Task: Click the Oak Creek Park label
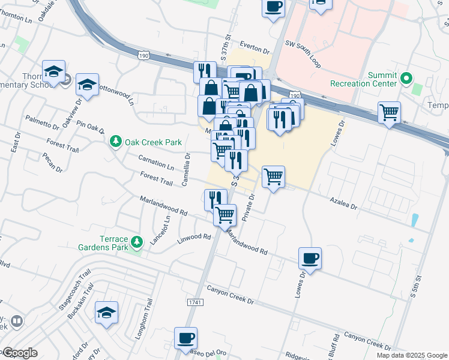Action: point(153,142)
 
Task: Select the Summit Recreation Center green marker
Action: point(406,78)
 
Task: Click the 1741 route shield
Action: point(194,301)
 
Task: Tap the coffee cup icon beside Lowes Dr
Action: point(310,259)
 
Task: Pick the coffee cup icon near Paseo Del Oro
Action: point(185,338)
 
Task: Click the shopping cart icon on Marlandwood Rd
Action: point(225,214)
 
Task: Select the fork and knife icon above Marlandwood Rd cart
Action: point(215,199)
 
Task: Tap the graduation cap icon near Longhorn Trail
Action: point(106,313)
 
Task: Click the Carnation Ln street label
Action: point(155,163)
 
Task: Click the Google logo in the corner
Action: point(20,353)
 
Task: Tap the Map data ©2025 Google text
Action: point(411,355)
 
